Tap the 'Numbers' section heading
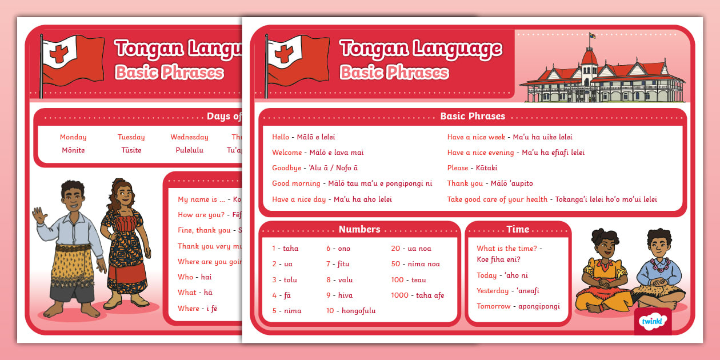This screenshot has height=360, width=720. (x=359, y=229)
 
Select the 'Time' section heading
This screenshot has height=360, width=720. (x=518, y=229)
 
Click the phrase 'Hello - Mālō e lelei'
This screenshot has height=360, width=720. (x=303, y=137)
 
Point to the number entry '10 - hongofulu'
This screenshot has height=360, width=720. (x=351, y=311)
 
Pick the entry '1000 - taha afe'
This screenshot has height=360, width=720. (x=417, y=295)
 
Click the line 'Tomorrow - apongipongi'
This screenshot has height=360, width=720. (x=518, y=306)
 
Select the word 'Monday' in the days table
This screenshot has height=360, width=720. (x=73, y=137)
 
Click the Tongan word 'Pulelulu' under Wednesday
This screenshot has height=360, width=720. (x=189, y=150)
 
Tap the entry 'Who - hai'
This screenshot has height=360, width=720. (x=195, y=277)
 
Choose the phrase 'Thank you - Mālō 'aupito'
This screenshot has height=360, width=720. (x=490, y=183)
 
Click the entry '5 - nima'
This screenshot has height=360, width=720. (x=286, y=311)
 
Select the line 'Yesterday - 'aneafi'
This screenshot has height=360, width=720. (x=508, y=291)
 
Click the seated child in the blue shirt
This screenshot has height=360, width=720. (x=658, y=269)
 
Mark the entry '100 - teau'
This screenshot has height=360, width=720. (x=409, y=280)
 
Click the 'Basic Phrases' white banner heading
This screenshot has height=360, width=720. (x=473, y=116)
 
